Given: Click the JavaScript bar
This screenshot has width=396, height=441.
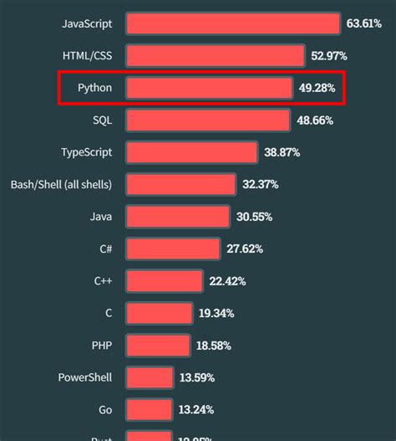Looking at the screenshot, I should [x=233, y=23].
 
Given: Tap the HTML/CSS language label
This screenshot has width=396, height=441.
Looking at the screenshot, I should [x=87, y=56].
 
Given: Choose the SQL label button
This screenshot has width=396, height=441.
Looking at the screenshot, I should [x=102, y=121].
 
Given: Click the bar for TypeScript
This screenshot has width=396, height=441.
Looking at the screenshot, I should [x=192, y=152].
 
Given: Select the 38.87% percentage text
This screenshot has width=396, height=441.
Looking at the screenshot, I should [x=282, y=152].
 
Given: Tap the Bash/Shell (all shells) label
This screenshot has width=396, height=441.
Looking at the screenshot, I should [x=61, y=184].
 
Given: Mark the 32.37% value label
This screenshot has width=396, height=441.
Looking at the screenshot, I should [x=260, y=184].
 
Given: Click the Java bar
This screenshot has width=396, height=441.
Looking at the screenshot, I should [x=177, y=217].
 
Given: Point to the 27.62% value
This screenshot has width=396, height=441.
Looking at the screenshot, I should [x=244, y=249].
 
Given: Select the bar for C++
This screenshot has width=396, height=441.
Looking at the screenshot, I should [x=164, y=281].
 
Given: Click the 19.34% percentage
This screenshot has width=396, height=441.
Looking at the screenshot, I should [x=216, y=313].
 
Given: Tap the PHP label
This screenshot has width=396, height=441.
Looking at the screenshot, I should [x=101, y=345].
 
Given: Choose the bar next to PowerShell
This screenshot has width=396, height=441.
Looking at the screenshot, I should [x=150, y=377].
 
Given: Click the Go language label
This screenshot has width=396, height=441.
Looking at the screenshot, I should [x=104, y=409].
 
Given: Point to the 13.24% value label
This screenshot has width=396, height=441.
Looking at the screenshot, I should [x=195, y=409].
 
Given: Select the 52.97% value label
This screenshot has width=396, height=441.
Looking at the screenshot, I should [x=329, y=56].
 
